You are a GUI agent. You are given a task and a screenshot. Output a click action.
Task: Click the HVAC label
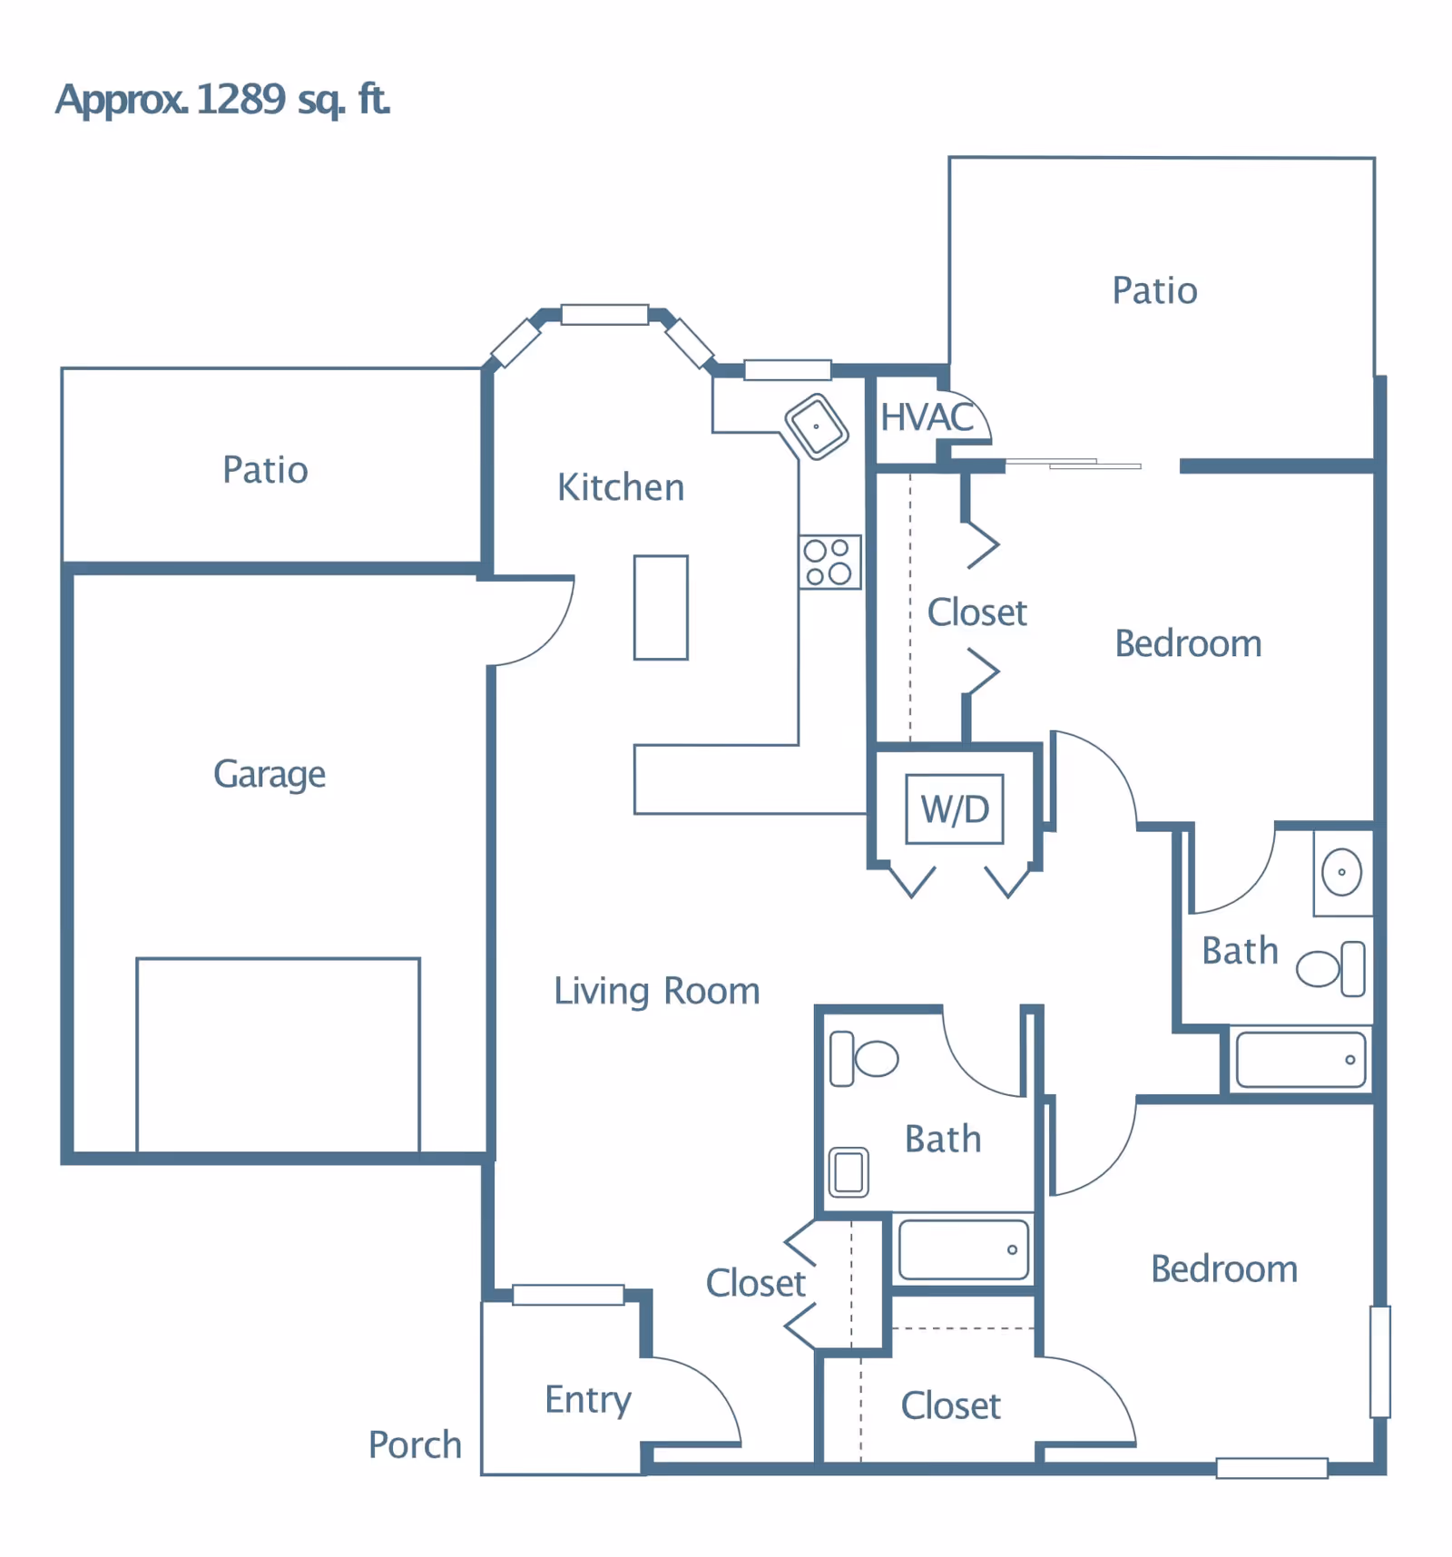coord(927,417)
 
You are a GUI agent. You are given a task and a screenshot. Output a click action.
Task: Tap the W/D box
coord(955,808)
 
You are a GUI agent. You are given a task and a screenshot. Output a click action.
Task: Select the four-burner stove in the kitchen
coord(829,562)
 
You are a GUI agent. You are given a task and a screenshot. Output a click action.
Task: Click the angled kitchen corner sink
coord(817,426)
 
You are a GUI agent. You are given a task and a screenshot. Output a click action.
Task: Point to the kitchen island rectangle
coord(661,607)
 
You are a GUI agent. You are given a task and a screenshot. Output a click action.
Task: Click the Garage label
coord(270,775)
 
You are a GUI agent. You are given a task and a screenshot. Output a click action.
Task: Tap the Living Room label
coord(657,991)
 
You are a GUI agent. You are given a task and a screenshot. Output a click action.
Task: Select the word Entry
coord(588,1400)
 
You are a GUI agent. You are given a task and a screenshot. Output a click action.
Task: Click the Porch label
coord(415,1444)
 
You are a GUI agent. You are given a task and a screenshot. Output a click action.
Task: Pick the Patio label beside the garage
coord(265,470)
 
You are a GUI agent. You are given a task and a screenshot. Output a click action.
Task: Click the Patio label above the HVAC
coord(1154,290)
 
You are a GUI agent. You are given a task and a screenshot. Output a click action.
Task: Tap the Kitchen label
coord(621,487)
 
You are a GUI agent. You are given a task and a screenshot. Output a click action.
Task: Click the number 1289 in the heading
coord(240,99)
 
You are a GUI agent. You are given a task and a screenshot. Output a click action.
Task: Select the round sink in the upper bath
coord(1341,872)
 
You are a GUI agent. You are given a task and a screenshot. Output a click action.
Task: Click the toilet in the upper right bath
coord(1331,968)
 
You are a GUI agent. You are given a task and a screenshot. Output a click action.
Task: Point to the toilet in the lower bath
coord(864,1058)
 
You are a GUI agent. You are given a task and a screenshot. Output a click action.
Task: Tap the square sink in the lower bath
coord(849,1171)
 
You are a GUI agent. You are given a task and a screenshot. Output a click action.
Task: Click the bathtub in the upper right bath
coord(1300,1059)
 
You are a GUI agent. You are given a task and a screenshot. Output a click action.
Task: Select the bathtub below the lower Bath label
coord(964,1249)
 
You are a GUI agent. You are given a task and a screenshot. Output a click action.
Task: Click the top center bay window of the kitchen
coord(604,315)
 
